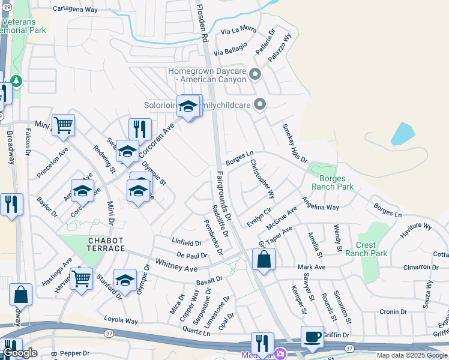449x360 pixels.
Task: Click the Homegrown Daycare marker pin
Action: [x=255, y=74]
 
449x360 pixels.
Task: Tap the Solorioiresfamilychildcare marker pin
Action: [x=260, y=105]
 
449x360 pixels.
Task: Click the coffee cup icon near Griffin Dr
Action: [x=312, y=337]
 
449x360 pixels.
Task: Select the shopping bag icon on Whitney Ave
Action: [x=264, y=260]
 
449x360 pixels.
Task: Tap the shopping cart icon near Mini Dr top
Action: [x=63, y=125]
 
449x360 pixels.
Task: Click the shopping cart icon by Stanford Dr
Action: [x=81, y=278]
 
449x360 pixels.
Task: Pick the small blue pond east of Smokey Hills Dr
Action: [x=402, y=134]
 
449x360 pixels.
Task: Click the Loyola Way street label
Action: [x=121, y=320]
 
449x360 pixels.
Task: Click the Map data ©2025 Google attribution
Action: [x=412, y=355]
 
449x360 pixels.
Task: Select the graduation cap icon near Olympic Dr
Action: [x=125, y=280]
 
